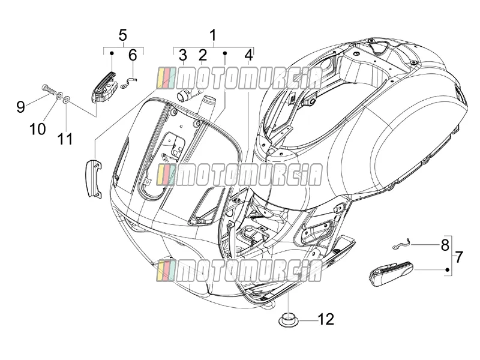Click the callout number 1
pyautogui.click(x=213, y=35)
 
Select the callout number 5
pyautogui.click(x=122, y=35)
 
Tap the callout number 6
pyautogui.click(x=133, y=55)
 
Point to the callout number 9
pyautogui.click(x=20, y=107)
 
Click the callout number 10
pyautogui.click(x=38, y=129)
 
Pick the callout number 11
pyautogui.click(x=65, y=139)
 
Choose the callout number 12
pyautogui.click(x=326, y=320)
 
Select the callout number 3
pyautogui.click(x=183, y=55)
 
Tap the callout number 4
pyautogui.click(x=249, y=55)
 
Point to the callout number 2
pyautogui.click(x=203, y=55)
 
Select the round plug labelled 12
pyautogui.click(x=288, y=320)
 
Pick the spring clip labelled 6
pyautogui.click(x=128, y=83)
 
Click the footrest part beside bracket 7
pyautogui.click(x=391, y=273)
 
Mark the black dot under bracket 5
pyautogui.click(x=112, y=53)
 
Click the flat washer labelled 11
pyautogui.click(x=66, y=99)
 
